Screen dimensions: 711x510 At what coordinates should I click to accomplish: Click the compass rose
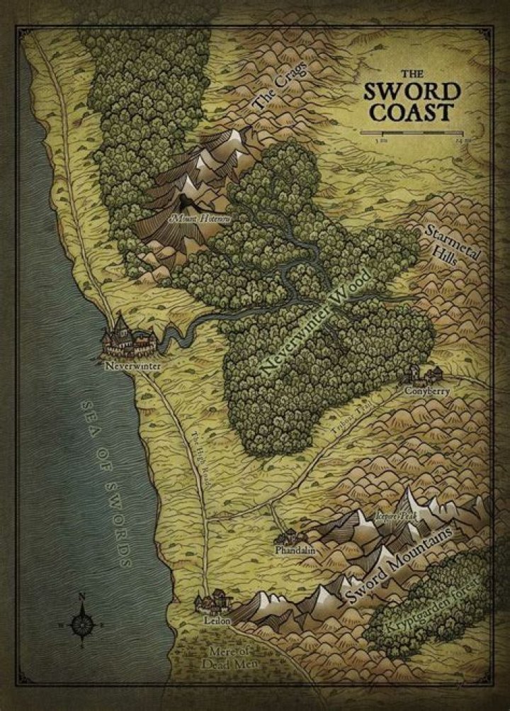pos(81,623)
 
